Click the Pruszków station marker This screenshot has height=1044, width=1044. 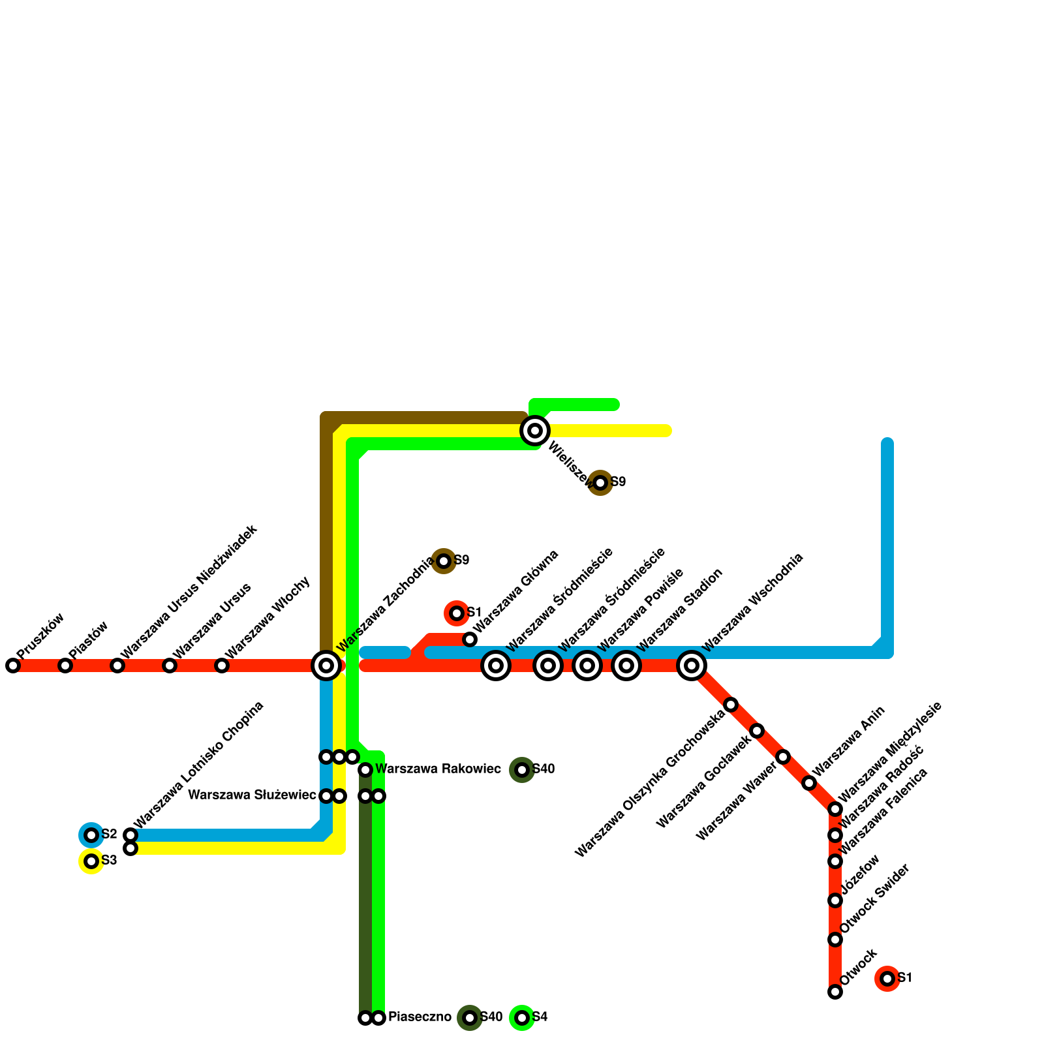coord(13,666)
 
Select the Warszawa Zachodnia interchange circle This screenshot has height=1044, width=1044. coord(326,666)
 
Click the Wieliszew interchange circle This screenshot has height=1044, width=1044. coord(535,431)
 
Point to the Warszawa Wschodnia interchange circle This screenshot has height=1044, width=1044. coord(692,666)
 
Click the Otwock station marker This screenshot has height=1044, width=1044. coord(835,992)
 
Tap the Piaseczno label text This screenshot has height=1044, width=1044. coord(420,1017)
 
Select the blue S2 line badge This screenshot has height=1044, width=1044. coord(91,835)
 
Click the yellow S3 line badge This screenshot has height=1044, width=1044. coord(91,861)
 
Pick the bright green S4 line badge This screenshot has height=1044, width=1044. coord(522,1018)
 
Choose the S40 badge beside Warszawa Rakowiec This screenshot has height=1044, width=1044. coord(522,770)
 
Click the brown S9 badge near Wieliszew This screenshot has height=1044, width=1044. coord(600,483)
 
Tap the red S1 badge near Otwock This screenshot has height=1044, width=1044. coord(887,979)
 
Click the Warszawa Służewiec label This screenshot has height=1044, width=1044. coord(252,795)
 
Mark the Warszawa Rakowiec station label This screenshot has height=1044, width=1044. coord(438,769)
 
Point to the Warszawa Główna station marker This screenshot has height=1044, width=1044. coord(470,639)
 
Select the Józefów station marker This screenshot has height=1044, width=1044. coord(835,900)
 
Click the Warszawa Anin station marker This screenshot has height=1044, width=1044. coord(809,783)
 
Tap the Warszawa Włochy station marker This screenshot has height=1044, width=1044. coord(222,666)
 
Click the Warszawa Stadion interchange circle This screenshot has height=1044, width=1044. coord(626,666)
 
